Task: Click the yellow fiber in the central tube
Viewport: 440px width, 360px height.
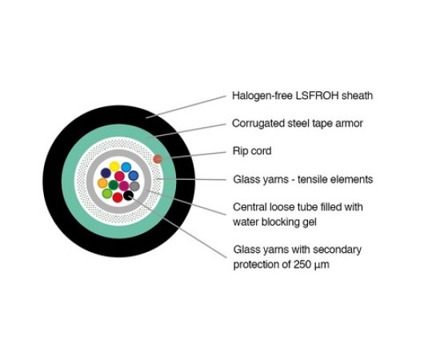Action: pos(114,166)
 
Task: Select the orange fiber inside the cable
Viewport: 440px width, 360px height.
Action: pos(102,183)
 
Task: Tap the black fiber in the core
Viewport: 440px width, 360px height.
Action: pos(128,195)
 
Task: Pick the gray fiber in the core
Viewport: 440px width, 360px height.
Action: pos(134,186)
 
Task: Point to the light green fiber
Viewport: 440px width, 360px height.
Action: pos(107,194)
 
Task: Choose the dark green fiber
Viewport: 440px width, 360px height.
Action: pos(113,185)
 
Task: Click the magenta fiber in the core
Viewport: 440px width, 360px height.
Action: pos(124,186)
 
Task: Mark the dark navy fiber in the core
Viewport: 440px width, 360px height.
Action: pos(106,173)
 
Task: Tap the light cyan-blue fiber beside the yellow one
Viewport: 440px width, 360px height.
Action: pos(126,167)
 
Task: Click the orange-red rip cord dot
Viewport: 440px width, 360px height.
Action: pos(158,159)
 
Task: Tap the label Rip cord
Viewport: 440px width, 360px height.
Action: pos(252,151)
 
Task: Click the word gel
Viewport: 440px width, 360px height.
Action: pos(310,222)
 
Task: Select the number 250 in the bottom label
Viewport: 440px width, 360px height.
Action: pos(302,264)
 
